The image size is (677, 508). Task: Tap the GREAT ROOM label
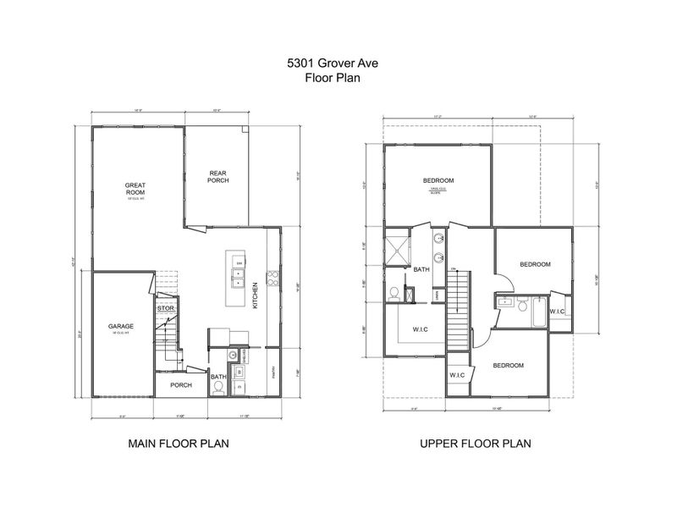click(x=136, y=189)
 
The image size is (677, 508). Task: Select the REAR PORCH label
click(x=219, y=177)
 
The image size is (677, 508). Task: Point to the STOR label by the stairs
click(x=166, y=309)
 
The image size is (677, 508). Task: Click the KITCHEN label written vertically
click(x=255, y=296)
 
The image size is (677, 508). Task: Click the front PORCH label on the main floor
click(x=181, y=385)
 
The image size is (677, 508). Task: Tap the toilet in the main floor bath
click(x=218, y=388)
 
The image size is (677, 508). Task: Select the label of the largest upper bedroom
click(x=439, y=180)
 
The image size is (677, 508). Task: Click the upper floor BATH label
click(x=421, y=270)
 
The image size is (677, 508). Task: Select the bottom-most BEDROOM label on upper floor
click(x=508, y=365)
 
